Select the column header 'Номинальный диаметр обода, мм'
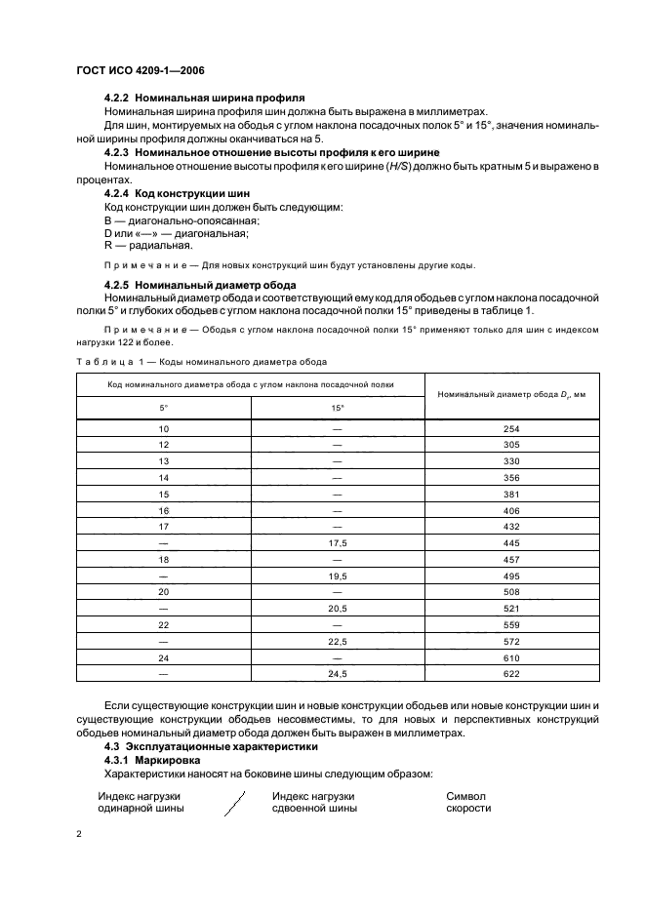pos(510,393)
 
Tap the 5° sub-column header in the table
pos(163,407)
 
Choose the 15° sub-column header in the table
pos(337,407)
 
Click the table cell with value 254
pos(510,429)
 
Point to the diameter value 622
pos(510,674)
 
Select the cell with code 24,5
pos(337,674)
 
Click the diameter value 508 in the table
pos(510,592)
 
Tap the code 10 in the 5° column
pos(163,429)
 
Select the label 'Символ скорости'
pos(466,803)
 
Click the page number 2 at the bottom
pos(78,835)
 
